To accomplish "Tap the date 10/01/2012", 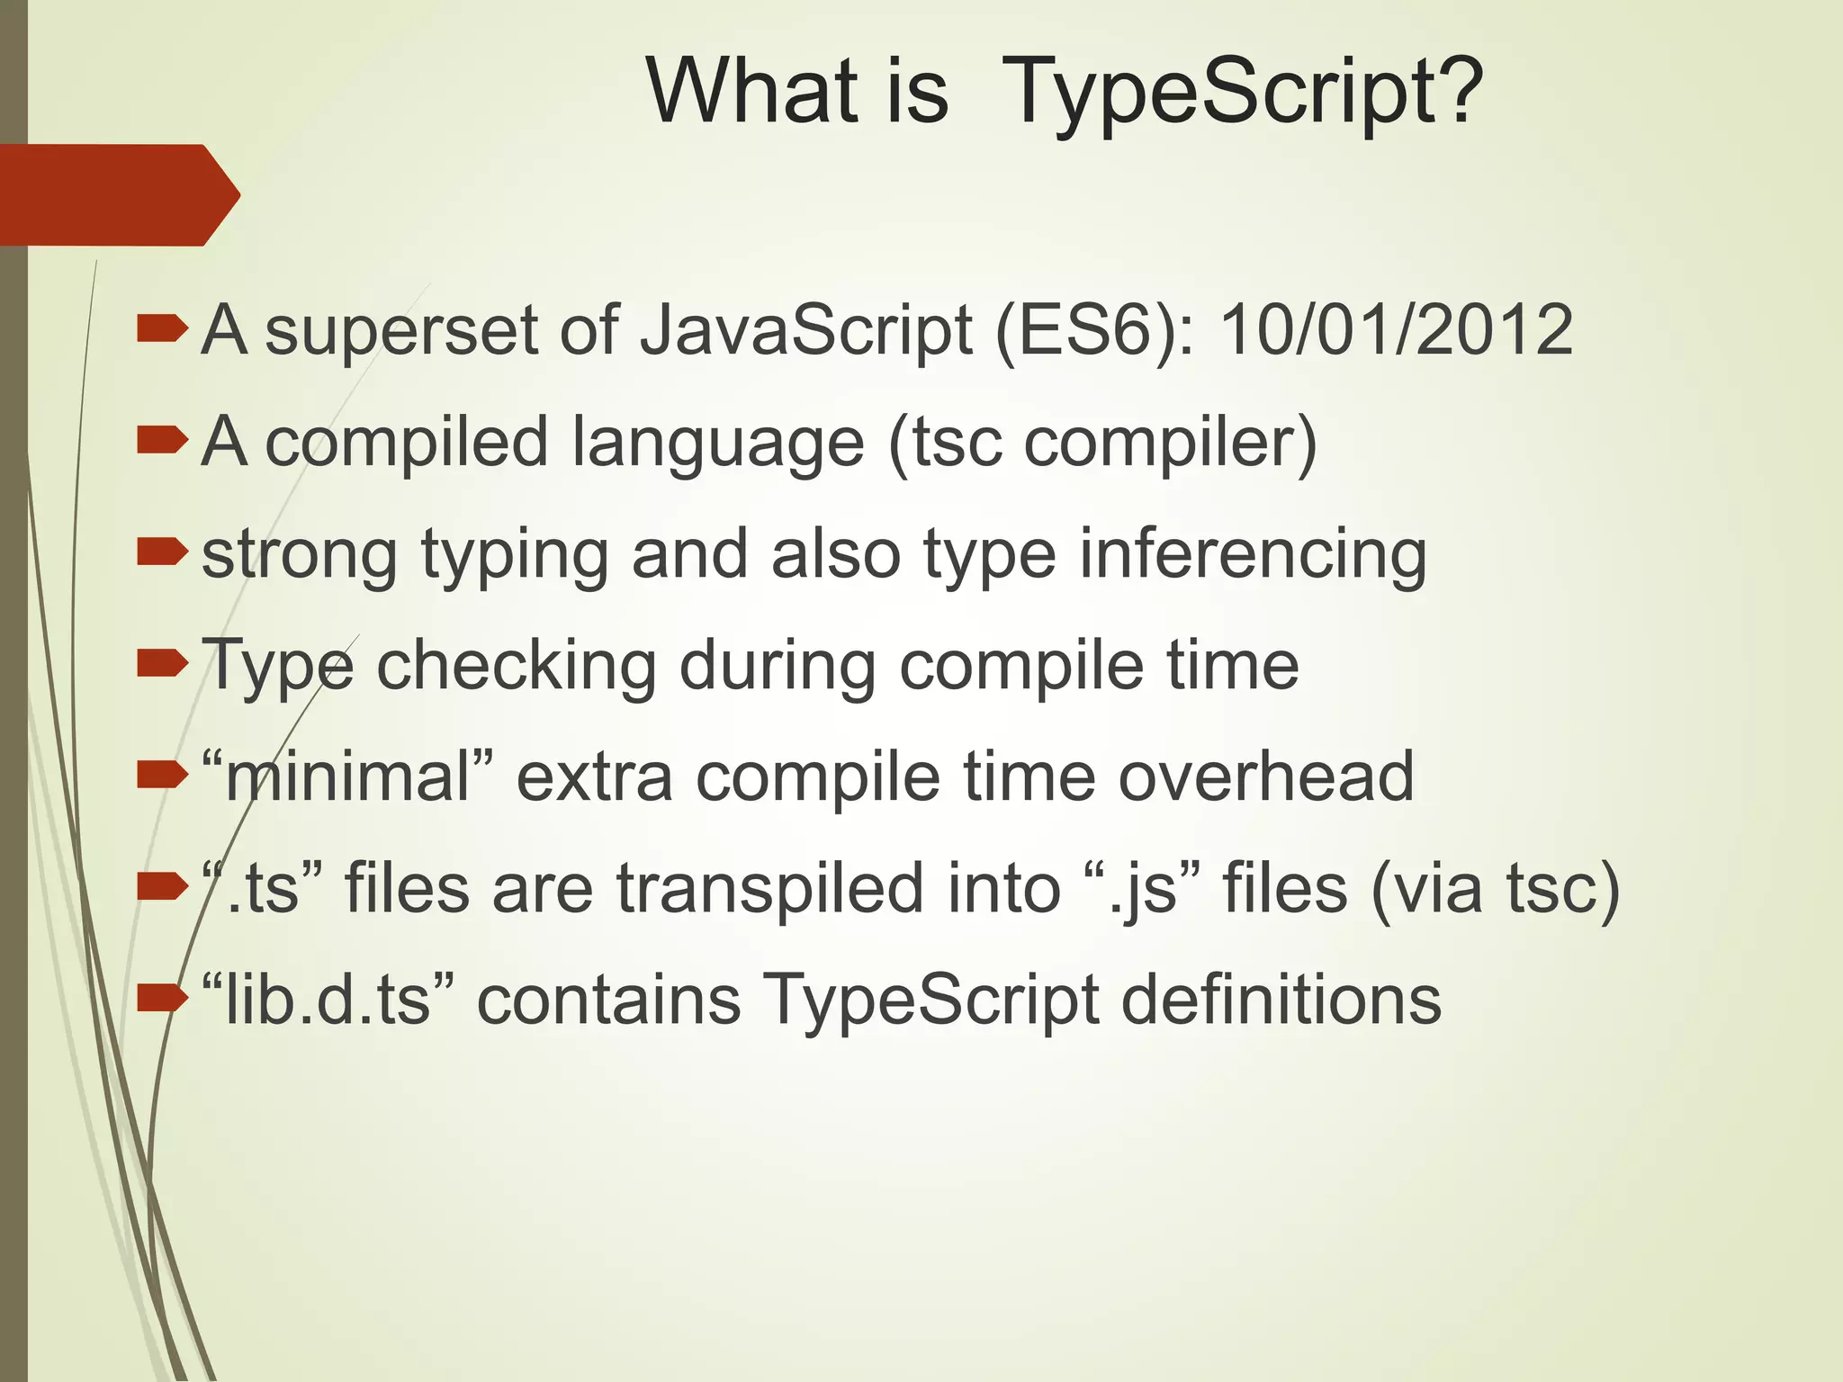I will [x=1395, y=330].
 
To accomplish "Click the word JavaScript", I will [x=805, y=332].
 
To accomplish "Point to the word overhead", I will [x=1265, y=776].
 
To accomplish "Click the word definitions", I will [x=1281, y=999].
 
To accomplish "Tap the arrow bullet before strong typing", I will [x=162, y=552].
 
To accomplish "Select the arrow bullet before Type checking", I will [x=162, y=664].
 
